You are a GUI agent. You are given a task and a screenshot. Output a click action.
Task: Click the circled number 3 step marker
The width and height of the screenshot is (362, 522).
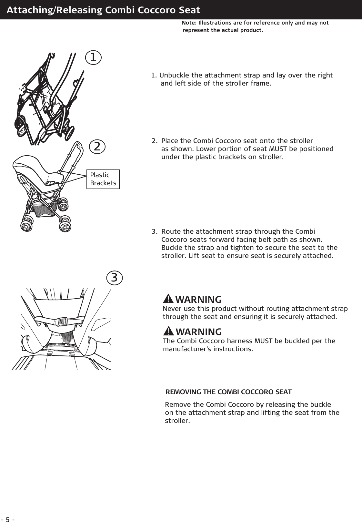tap(115, 277)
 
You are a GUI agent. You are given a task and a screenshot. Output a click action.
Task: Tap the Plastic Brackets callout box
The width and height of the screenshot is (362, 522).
tap(103, 179)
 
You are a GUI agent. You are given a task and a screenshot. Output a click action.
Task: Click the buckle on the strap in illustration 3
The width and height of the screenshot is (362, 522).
tap(61, 321)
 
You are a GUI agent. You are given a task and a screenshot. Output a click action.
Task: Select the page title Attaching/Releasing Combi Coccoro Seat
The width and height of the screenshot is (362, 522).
tap(103, 10)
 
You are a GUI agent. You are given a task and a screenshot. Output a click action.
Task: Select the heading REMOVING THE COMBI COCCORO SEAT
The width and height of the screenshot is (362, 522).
tap(228, 392)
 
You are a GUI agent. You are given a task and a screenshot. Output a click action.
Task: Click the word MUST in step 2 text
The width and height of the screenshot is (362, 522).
tap(274, 149)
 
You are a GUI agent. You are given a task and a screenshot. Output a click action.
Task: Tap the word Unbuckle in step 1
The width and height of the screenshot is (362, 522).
tap(175, 76)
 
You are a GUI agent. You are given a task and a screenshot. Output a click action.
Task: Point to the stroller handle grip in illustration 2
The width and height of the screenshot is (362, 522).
tap(78, 147)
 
